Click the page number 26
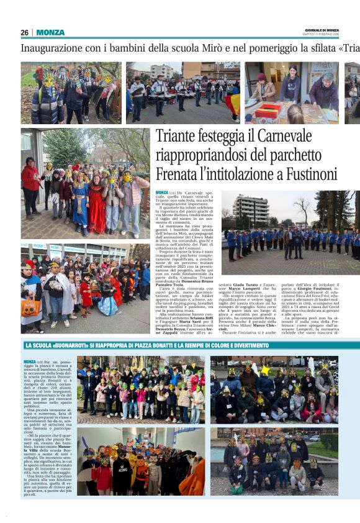(x=24, y=32)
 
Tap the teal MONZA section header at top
(x=50, y=32)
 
